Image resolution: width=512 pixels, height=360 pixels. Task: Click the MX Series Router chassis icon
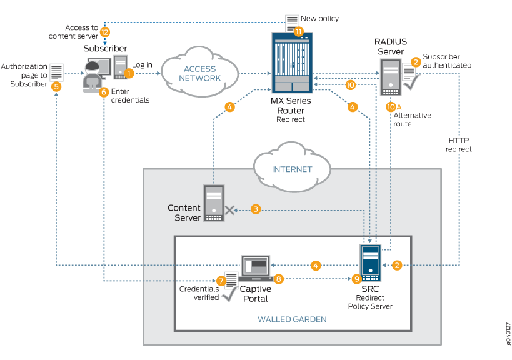point(292,62)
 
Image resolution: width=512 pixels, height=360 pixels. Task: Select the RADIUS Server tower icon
point(388,74)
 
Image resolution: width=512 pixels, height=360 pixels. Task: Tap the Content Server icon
point(212,202)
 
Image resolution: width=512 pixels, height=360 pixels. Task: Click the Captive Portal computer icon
point(255,267)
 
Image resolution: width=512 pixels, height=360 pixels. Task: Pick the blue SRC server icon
point(371,262)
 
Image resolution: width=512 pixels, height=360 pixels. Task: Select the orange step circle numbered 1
point(129,73)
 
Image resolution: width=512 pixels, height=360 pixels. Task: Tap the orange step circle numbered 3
point(256,209)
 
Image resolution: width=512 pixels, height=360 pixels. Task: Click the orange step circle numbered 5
point(56,87)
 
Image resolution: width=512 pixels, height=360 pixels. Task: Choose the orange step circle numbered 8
point(279,279)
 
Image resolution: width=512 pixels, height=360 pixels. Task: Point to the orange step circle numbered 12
point(104,32)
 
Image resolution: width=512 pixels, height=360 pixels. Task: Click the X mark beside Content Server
point(230,211)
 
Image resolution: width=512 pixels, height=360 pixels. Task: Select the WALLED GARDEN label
point(292,319)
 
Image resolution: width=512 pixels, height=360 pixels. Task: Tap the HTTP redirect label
point(459,144)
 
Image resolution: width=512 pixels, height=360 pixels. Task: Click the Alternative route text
point(411,119)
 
